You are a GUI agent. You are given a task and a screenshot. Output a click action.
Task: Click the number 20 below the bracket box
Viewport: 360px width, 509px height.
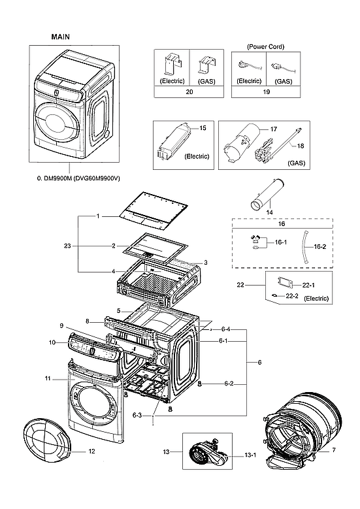click(189, 92)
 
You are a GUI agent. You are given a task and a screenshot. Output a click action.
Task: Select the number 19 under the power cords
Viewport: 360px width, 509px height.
click(265, 92)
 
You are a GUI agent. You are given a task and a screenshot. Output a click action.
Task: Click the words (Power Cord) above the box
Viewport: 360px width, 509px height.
click(265, 47)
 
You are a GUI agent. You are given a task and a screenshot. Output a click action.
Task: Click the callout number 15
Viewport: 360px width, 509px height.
click(202, 129)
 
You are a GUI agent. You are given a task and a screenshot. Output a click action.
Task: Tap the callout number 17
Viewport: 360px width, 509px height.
click(274, 129)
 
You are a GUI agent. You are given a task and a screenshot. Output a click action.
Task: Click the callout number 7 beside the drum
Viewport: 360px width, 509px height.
click(335, 451)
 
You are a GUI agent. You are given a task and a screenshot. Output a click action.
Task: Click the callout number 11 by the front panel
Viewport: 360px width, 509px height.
click(48, 379)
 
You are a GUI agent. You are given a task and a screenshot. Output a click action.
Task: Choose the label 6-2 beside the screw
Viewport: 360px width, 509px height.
click(228, 384)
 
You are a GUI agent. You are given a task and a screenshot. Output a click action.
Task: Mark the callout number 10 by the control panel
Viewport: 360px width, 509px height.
click(52, 342)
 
